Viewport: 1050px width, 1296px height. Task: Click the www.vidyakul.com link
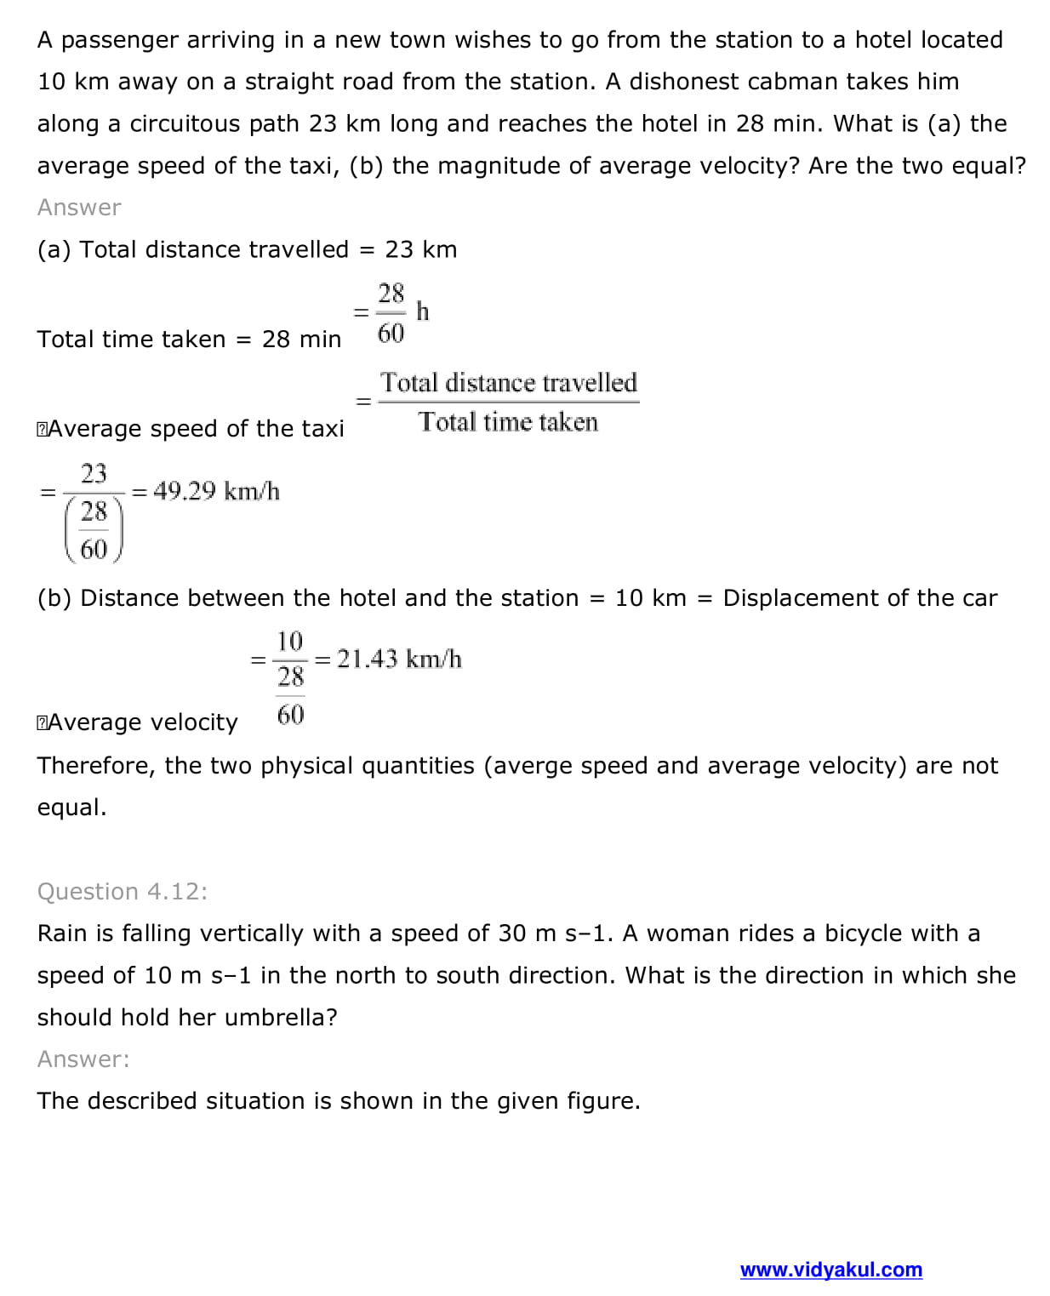(830, 1270)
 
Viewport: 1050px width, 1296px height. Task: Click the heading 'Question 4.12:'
(122, 891)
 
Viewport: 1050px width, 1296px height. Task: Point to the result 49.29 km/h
(216, 491)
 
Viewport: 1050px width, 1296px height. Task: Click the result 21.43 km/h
(399, 659)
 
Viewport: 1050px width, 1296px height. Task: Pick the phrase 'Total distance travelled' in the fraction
(508, 382)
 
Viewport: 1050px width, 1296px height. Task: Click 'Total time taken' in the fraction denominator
(508, 422)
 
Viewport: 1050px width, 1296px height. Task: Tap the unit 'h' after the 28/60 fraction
(423, 311)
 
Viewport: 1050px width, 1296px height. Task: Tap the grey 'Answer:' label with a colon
(83, 1059)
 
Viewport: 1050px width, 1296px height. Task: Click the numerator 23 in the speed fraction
(94, 472)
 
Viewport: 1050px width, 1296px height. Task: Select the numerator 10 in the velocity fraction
(290, 640)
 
